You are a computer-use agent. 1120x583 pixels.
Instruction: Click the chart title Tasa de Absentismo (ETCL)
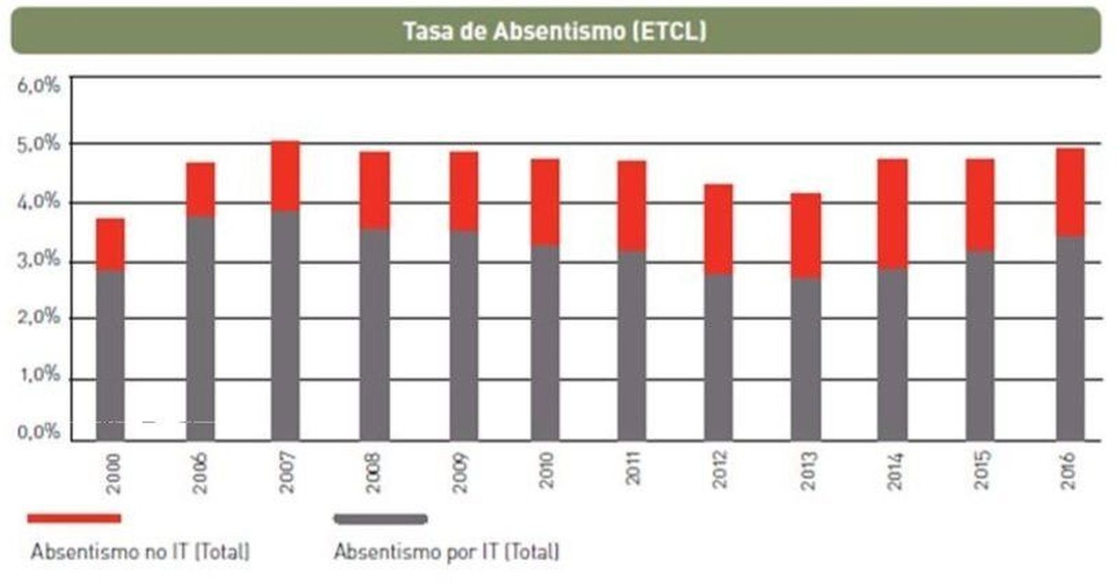point(554,31)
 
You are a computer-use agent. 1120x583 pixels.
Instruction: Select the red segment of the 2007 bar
point(285,176)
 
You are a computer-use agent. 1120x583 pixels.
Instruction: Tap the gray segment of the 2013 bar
point(806,359)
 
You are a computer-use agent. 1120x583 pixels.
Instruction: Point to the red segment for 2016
point(1070,192)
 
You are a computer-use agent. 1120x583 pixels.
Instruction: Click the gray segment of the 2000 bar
point(111,355)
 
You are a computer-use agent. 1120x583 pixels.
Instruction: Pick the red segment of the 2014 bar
point(892,214)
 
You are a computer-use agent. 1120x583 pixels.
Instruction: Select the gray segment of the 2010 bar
point(545,343)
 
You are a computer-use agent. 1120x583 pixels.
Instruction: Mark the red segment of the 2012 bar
point(718,230)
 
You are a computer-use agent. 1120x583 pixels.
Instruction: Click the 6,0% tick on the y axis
point(39,85)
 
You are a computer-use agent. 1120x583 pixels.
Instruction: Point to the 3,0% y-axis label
point(39,260)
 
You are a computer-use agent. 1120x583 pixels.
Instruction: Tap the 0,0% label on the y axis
point(39,431)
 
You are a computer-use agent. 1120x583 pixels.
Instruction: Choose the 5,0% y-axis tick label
point(39,144)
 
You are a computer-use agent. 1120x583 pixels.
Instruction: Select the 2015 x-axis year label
point(981,470)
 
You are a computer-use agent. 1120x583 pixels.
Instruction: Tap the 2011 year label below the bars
point(633,470)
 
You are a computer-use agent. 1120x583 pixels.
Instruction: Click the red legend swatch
point(74,519)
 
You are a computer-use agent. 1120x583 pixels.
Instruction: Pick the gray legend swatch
point(381,519)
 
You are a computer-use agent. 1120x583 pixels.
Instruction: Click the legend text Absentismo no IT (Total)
point(140,552)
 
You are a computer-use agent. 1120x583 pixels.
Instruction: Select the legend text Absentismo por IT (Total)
point(447,552)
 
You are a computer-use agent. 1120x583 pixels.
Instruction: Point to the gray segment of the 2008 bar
point(374,335)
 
